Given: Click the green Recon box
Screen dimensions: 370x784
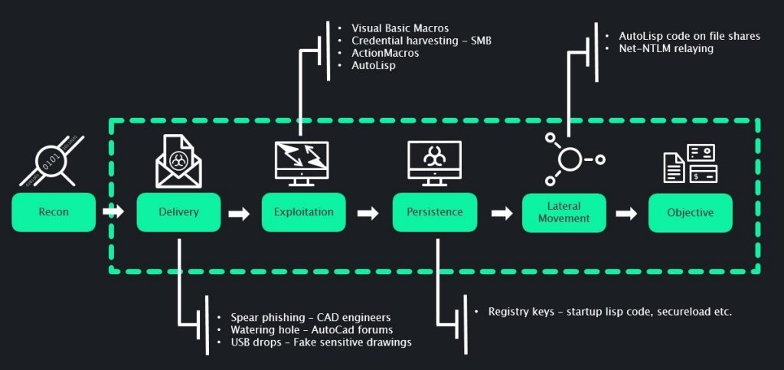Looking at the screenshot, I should pyautogui.click(x=54, y=212).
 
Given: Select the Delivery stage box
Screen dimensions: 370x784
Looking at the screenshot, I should pyautogui.click(x=178, y=212).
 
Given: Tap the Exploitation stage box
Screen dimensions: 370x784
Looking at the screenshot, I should pyautogui.click(x=303, y=212).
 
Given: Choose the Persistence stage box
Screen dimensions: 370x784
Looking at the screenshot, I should pyautogui.click(x=434, y=212).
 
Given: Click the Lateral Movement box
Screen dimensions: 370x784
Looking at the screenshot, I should pyautogui.click(x=563, y=212).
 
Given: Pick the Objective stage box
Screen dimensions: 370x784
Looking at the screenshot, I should pyautogui.click(x=690, y=212).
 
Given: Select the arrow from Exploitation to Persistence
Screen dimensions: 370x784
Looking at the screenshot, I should pyautogui.click(x=368, y=213).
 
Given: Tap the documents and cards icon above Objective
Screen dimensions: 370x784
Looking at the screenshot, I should pyautogui.click(x=689, y=163).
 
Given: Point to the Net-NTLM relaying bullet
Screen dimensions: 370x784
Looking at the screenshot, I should pyautogui.click(x=665, y=48).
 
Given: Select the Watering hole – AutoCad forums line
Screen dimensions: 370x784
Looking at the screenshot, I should pyautogui.click(x=312, y=329).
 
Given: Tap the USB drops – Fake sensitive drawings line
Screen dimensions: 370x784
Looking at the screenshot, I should pyautogui.click(x=321, y=342).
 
